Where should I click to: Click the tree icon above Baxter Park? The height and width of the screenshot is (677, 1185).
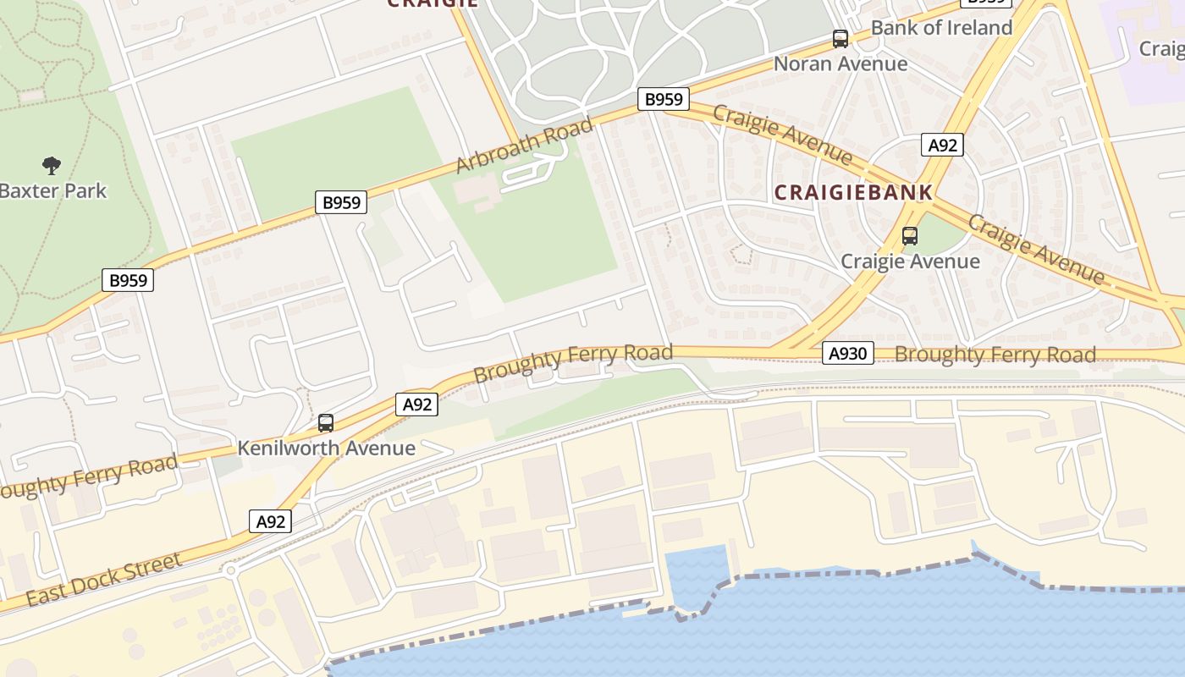point(52,164)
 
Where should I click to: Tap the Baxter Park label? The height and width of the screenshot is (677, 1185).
point(52,190)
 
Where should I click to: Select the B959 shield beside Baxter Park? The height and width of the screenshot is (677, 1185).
point(128,280)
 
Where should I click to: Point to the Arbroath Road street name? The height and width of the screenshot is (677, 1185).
point(524,146)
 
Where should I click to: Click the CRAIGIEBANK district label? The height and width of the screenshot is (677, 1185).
point(853,193)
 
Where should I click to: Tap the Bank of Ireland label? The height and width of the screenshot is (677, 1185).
point(941,28)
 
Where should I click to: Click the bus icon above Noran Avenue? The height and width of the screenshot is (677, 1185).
point(840,39)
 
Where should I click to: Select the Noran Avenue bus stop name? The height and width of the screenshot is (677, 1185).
point(841,64)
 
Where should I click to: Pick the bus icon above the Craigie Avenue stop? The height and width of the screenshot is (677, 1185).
point(910,236)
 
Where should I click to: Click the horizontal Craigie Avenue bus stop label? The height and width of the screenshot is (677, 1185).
point(910,261)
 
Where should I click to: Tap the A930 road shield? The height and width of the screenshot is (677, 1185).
point(847,354)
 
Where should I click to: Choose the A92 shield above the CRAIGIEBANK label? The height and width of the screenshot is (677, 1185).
point(942,146)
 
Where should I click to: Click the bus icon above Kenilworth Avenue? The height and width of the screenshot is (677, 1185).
point(326,423)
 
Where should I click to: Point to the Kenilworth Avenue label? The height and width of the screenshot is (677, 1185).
point(326,449)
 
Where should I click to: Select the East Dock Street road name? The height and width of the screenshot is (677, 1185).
point(103,581)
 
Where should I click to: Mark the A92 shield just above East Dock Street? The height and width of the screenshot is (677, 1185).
point(271,521)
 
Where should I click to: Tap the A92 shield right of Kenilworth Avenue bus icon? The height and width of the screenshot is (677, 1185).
point(416,405)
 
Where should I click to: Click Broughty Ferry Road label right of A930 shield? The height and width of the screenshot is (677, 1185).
point(995,355)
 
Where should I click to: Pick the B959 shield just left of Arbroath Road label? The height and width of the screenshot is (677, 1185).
point(342,202)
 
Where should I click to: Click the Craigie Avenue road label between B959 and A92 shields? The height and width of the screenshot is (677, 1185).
point(782,134)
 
